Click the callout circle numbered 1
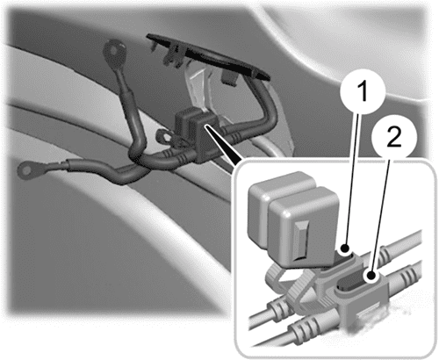(x=363, y=91)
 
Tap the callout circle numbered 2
(x=394, y=138)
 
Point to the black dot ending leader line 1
(x=345, y=248)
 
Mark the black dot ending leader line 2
(x=371, y=276)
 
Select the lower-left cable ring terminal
(x=29, y=169)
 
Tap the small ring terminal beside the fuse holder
(x=162, y=136)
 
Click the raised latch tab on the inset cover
(x=300, y=240)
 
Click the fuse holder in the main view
(x=196, y=133)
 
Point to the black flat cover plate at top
(x=208, y=56)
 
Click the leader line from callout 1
(x=354, y=180)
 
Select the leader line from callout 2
(x=381, y=216)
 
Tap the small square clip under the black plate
(x=230, y=78)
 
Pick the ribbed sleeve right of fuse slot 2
(x=405, y=277)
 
